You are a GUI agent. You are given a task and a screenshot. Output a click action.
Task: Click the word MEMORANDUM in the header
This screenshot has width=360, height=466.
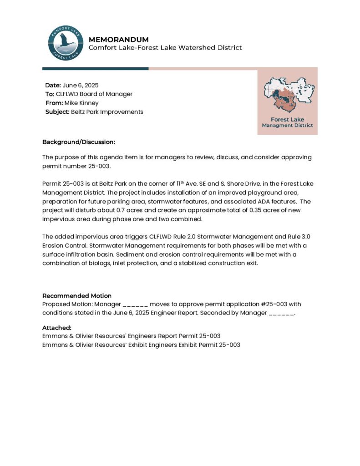pos(118,40)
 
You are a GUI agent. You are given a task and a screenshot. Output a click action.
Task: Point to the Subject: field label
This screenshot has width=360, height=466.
pos(57,111)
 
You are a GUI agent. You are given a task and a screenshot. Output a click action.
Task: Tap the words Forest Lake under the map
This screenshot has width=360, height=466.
pos(287,120)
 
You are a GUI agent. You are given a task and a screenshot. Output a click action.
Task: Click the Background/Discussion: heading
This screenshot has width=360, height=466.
pos(78,142)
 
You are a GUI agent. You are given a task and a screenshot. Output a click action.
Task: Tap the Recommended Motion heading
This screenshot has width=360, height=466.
pos(76,295)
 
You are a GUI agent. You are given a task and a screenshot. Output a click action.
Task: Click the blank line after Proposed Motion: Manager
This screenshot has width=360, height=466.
pos(135,304)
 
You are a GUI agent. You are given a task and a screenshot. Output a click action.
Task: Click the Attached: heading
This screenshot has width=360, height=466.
pos(56,327)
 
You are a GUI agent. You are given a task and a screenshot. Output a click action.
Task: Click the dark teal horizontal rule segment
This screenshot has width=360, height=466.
pos(95,69)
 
